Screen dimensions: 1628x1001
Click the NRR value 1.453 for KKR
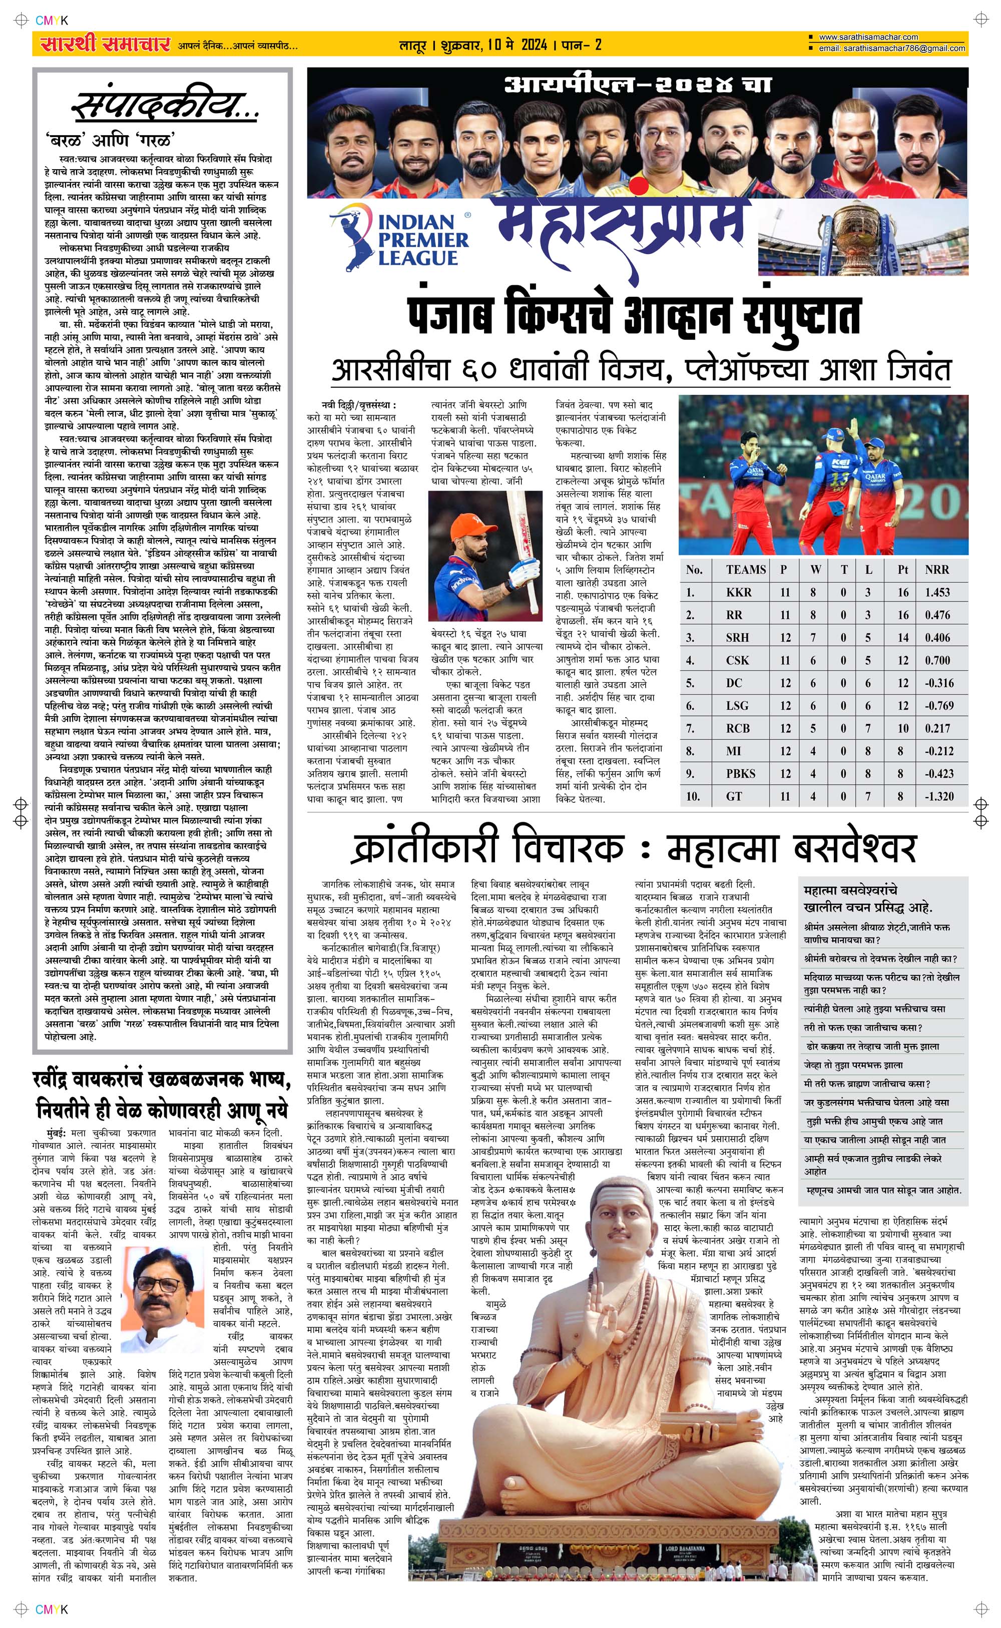937,593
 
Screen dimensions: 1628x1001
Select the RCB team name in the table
738,728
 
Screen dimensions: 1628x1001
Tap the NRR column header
937,569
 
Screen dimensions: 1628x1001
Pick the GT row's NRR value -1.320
939,796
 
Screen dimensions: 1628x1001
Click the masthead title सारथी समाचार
105,45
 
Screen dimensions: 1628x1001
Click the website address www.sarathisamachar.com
868,38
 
